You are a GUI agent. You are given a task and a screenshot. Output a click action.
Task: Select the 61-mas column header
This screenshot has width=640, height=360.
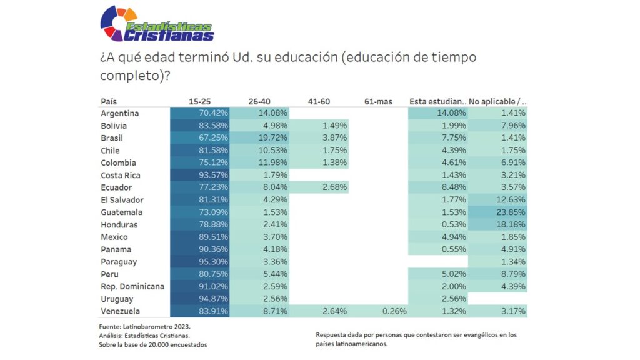click(377, 101)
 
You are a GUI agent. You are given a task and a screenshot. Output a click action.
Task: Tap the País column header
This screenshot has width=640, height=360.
click(109, 101)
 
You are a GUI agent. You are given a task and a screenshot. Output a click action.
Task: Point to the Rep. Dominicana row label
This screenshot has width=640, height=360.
click(132, 286)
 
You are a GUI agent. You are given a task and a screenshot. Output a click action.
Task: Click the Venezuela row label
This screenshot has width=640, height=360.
click(120, 311)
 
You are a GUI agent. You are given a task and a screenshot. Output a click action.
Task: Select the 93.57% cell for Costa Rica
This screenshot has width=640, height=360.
click(200, 175)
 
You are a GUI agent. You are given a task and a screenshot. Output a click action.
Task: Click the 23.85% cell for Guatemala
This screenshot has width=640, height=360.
click(497, 212)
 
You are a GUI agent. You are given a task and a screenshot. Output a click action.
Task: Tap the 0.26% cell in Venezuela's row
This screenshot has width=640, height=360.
click(378, 311)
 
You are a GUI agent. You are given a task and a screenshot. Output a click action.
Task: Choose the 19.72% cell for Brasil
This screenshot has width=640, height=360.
click(259, 138)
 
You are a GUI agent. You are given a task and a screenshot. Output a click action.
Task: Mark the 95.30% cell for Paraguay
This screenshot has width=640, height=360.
click(200, 262)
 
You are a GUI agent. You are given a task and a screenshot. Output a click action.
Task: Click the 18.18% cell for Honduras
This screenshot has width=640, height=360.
click(497, 225)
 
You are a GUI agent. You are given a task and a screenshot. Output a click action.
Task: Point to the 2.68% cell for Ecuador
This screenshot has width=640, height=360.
click(319, 187)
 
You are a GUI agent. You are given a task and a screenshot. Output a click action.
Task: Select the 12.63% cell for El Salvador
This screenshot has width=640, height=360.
click(497, 200)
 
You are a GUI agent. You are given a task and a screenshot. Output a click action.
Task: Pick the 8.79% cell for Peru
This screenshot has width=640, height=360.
click(497, 274)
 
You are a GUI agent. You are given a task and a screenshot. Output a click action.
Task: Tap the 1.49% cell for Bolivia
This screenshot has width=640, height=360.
click(319, 126)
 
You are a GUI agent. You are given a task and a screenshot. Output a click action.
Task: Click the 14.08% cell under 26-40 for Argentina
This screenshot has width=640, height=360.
click(259, 113)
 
